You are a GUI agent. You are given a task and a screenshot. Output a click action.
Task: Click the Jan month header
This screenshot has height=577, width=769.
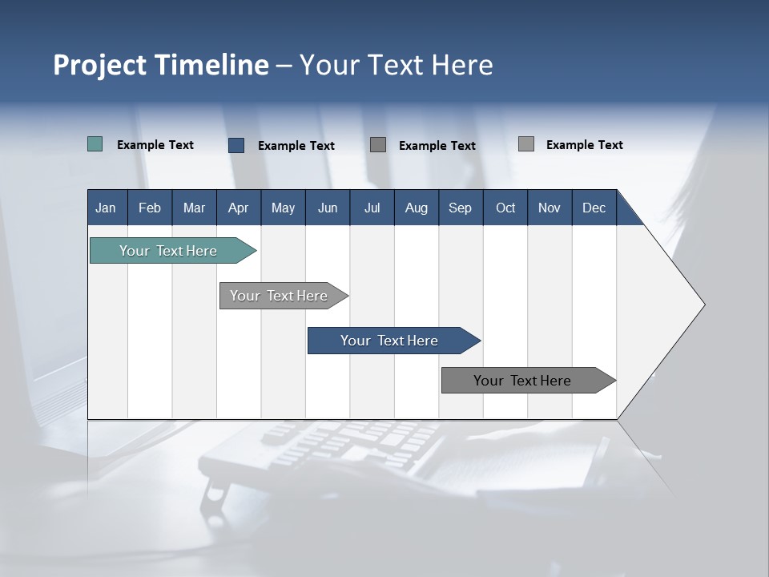point(106,208)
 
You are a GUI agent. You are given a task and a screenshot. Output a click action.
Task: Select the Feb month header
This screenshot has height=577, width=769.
point(150,208)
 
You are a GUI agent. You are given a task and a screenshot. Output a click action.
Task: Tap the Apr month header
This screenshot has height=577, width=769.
point(238,208)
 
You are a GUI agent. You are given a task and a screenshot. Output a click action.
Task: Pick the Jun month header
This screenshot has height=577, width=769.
point(327,208)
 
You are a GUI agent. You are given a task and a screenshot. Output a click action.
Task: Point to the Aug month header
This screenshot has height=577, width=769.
point(416,208)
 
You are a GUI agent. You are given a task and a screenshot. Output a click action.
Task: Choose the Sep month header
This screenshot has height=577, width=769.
point(460,208)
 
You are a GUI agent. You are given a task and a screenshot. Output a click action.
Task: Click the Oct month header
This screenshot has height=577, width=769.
point(505,208)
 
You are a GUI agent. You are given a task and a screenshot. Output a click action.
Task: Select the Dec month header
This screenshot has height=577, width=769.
point(594,208)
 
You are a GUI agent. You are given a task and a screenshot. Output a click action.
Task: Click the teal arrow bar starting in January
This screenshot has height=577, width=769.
point(168,251)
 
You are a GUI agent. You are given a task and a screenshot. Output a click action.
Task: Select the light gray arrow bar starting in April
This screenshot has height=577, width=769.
point(279,296)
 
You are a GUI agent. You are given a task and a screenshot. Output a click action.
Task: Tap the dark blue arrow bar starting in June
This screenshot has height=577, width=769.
point(389,341)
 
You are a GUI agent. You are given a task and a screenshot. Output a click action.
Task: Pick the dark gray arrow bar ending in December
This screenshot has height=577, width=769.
point(522,381)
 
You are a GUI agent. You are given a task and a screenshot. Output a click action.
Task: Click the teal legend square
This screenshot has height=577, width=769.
point(95,144)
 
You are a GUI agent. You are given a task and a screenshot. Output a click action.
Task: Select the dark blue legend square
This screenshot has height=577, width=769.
point(236,145)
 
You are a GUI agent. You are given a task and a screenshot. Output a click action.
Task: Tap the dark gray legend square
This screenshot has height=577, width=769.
point(378,145)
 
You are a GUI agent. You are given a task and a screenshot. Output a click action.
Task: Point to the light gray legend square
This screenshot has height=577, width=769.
point(525,144)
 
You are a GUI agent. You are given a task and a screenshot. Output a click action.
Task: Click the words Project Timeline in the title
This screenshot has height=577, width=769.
point(160,65)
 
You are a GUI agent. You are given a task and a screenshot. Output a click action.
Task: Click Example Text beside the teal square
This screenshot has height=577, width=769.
point(155,145)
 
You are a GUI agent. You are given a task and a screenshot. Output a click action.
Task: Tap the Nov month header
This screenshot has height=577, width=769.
point(549,208)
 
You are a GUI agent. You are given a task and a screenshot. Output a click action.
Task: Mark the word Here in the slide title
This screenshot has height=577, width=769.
point(462,65)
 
